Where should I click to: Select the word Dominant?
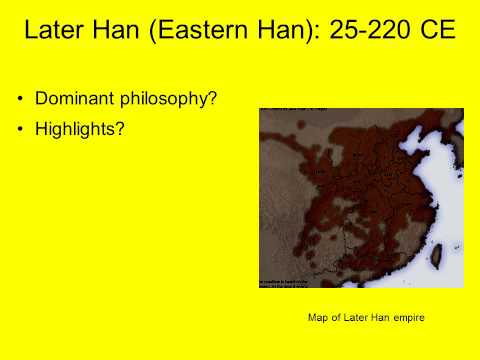pos(75,100)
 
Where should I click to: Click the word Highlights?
pos(80,129)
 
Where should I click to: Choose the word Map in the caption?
pos(318,318)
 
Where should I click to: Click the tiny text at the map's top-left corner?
pos(285,109)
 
